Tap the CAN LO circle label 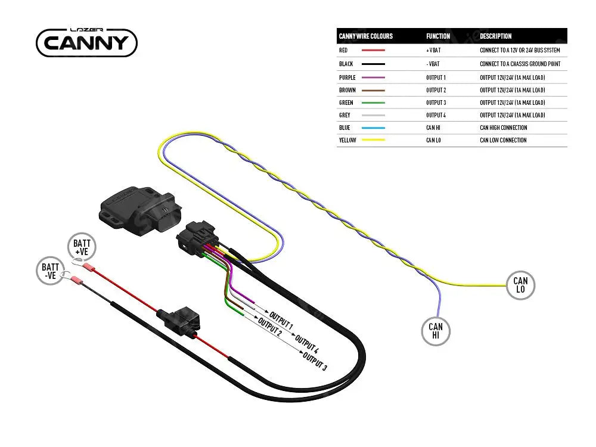(x=520, y=285)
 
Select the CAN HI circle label (x=436, y=331)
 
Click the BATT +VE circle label (x=82, y=247)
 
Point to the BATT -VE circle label (x=50, y=271)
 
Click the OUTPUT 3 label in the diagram (x=315, y=362)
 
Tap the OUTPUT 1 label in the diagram (x=281, y=320)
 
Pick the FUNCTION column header (x=438, y=36)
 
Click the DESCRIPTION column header (x=496, y=36)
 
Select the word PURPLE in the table (x=347, y=77)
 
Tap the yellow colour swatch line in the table (x=374, y=140)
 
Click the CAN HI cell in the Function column (x=433, y=128)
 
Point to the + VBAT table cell (x=433, y=51)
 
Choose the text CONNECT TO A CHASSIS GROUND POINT (x=520, y=64)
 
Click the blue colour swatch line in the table (x=374, y=128)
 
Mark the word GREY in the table (x=344, y=115)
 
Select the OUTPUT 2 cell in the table (x=436, y=90)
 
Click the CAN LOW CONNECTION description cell (x=503, y=140)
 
